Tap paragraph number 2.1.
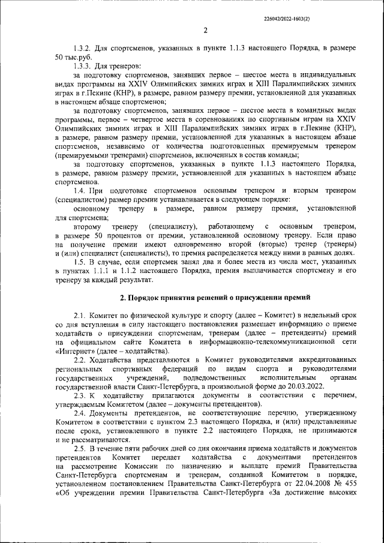pos(80,316)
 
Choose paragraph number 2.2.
pos(80,359)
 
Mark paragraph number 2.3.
pos(80,397)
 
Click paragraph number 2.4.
pos(80,415)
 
